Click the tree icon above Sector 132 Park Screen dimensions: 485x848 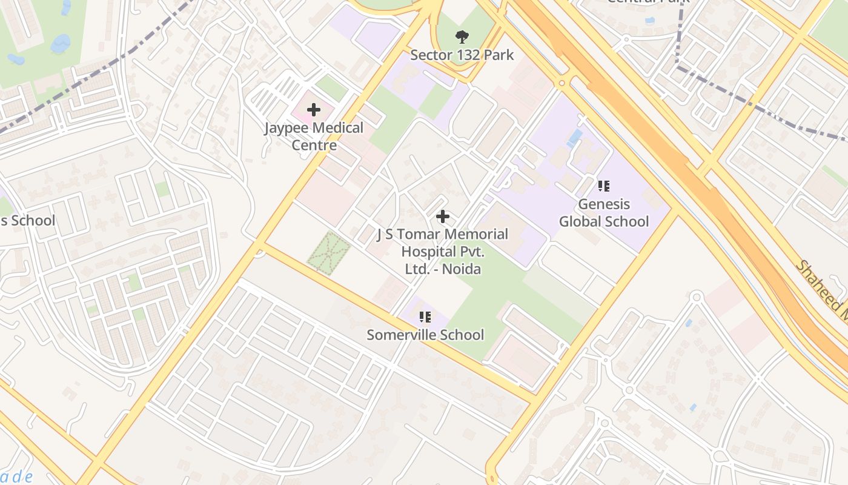tap(462, 37)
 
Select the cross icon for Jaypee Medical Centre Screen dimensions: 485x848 tap(314, 110)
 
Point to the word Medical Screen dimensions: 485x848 tap(339, 128)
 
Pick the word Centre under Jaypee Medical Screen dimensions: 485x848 tap(314, 145)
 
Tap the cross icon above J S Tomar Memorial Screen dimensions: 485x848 tap(443, 216)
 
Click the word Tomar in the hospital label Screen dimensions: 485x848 tap(422, 234)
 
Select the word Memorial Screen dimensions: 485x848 tap(477, 234)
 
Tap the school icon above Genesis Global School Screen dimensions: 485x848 tap(603, 186)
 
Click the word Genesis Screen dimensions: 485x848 tap(604, 204)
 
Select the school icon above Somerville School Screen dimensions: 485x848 tap(425, 316)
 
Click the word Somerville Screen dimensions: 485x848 tap(403, 335)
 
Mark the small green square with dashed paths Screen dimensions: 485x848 tap(329, 252)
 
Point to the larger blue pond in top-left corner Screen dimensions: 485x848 tap(60, 43)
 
